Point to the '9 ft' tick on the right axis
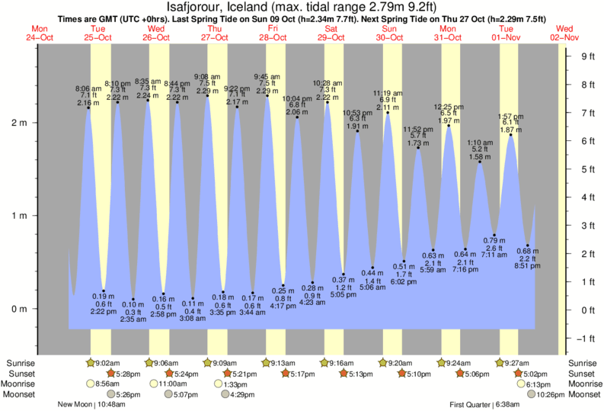(x=586, y=56)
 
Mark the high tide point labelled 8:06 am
(x=88, y=108)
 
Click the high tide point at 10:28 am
(x=327, y=102)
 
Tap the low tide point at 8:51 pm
(x=527, y=246)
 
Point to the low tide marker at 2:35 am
(x=133, y=300)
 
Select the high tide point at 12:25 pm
(x=449, y=126)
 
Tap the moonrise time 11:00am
(x=174, y=384)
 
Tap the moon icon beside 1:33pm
(x=208, y=384)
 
